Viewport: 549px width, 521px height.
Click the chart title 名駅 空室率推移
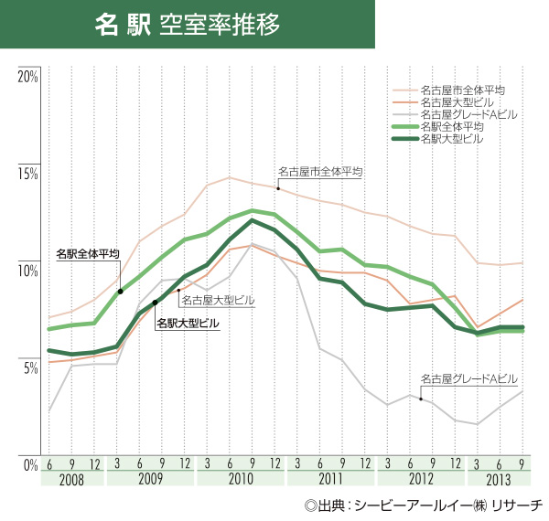[x=188, y=24]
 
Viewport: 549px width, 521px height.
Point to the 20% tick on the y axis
[x=27, y=76]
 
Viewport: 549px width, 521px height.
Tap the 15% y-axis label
[x=27, y=174]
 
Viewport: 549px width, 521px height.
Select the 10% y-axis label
[x=27, y=271]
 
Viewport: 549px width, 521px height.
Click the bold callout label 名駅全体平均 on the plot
[x=87, y=253]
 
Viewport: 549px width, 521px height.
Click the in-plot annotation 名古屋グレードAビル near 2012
[x=468, y=378]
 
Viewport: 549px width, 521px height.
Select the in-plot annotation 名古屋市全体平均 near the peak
[x=320, y=171]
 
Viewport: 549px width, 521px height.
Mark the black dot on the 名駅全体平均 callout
[x=121, y=292]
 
